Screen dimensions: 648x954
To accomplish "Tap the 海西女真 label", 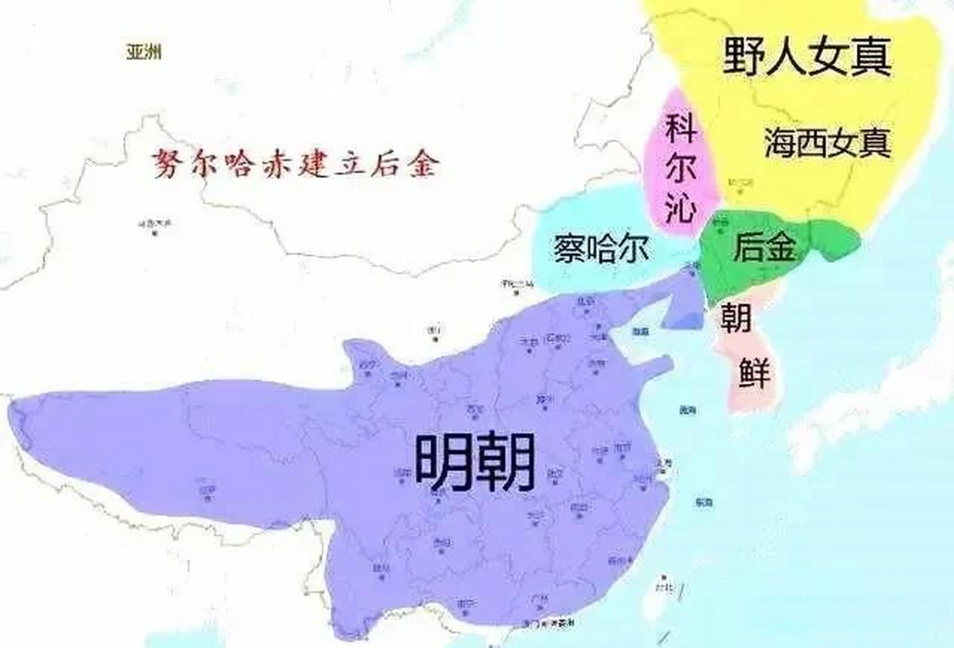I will coord(827,143).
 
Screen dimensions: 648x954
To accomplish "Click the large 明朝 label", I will coord(475,462).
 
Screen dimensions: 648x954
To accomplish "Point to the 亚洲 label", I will coord(144,52).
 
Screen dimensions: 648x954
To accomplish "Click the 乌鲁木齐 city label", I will coord(154,223).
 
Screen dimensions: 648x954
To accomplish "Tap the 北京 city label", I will coord(586,302).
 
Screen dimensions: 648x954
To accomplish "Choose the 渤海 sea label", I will coord(640,332).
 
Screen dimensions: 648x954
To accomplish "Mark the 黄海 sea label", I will coord(688,411).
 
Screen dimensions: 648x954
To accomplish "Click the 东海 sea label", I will coord(704,503).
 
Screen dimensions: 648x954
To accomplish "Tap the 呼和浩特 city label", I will coord(516,283).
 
